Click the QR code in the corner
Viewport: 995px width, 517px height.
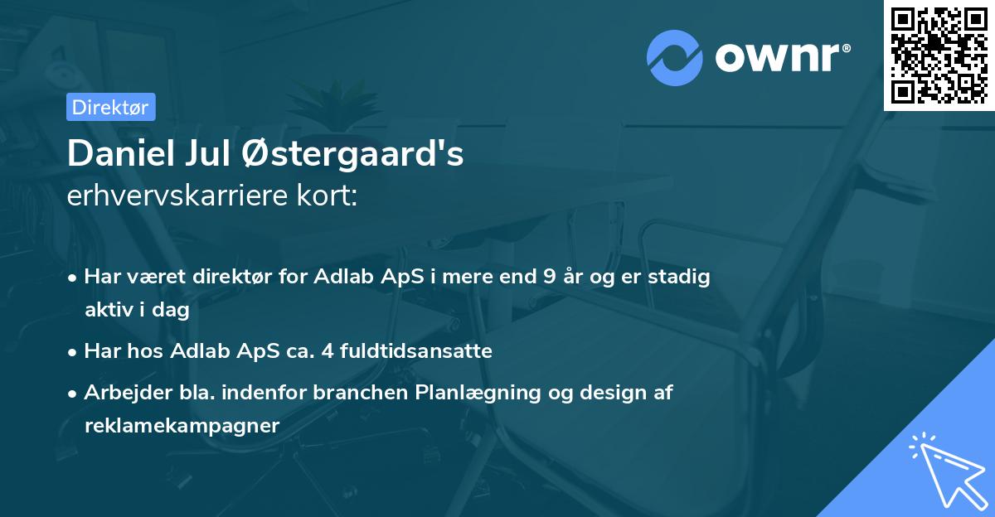point(939,56)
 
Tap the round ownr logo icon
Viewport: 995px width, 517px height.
point(675,56)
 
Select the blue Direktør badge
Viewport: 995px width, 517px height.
point(110,107)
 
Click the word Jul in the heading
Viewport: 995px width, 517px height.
point(211,155)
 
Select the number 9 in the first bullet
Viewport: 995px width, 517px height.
point(549,278)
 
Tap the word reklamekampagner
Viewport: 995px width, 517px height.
point(182,425)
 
